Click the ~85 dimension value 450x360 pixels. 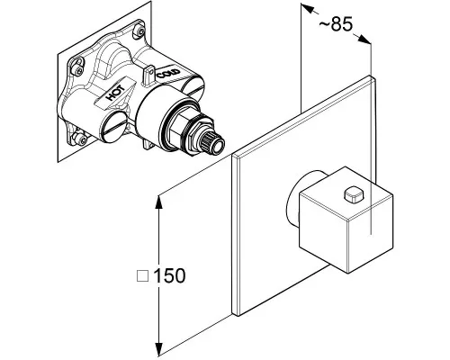(336, 24)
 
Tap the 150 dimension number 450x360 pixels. (169, 275)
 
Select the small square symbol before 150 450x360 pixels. (142, 276)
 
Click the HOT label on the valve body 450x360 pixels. (115, 93)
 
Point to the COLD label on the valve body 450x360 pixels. (168, 74)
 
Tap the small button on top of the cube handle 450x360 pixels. (354, 194)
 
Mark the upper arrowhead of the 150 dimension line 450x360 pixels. (158, 202)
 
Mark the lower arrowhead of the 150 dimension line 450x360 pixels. (158, 349)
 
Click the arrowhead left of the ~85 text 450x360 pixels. (307, 8)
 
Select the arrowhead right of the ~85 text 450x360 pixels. (365, 40)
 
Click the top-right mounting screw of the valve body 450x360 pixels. (139, 31)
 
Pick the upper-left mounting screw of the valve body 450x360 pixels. (78, 70)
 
